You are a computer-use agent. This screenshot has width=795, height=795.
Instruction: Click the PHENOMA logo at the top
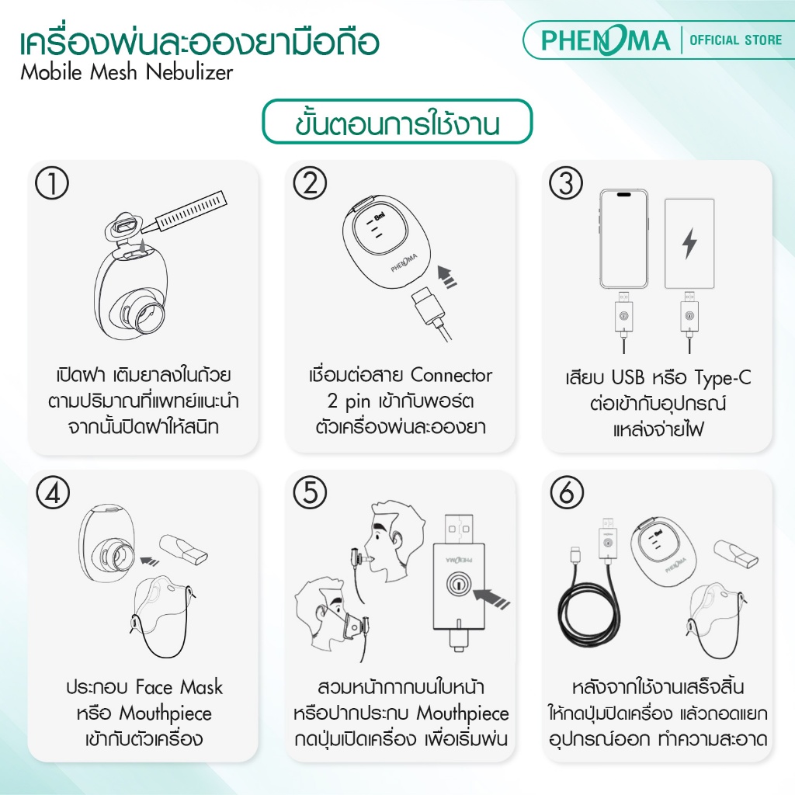point(606,40)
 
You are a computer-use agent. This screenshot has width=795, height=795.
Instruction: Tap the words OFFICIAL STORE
point(736,40)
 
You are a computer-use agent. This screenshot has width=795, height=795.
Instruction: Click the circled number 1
point(52,182)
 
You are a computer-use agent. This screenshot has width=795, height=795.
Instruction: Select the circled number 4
point(53,493)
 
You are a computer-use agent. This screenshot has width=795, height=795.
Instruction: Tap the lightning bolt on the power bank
point(689,243)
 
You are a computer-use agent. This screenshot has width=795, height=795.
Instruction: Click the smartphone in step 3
point(623,239)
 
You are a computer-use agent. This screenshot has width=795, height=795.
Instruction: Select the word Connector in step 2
point(451,376)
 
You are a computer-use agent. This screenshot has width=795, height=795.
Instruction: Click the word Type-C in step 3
point(723,378)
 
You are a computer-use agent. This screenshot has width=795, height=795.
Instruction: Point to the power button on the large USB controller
point(458,584)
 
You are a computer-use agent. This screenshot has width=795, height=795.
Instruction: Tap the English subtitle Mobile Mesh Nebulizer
point(127,72)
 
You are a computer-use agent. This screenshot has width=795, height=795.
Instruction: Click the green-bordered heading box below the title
point(397,122)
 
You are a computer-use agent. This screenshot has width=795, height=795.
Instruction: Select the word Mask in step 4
point(202,688)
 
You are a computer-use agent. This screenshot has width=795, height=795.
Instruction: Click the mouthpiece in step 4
point(183,550)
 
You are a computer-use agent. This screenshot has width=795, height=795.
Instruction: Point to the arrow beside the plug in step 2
point(447,276)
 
